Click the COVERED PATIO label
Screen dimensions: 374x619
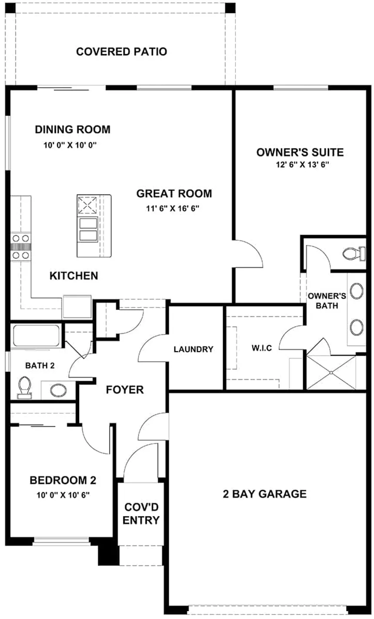click(x=121, y=52)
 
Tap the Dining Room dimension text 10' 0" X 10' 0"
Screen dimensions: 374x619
click(x=70, y=145)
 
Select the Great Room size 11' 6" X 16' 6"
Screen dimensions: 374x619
click(x=173, y=209)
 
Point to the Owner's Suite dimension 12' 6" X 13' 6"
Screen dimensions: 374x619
click(x=302, y=165)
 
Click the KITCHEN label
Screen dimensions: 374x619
click(x=73, y=276)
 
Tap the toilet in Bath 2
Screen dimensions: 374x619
click(x=24, y=387)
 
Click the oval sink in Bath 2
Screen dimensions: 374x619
click(x=58, y=391)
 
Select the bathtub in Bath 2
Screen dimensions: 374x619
click(x=36, y=335)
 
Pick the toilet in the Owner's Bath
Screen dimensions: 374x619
click(x=354, y=253)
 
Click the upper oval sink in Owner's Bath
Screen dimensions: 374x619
click(x=357, y=291)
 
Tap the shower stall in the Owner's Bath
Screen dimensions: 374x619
click(x=331, y=373)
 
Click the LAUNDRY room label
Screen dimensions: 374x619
click(x=194, y=349)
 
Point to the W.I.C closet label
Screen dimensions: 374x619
click(x=262, y=348)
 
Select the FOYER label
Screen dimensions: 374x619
click(x=125, y=390)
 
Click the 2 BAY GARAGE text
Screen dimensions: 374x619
click(x=265, y=494)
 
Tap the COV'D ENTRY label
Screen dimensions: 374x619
click(x=141, y=514)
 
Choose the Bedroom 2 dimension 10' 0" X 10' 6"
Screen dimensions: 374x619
click(x=63, y=495)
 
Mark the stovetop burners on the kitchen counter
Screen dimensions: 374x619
click(x=21, y=246)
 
